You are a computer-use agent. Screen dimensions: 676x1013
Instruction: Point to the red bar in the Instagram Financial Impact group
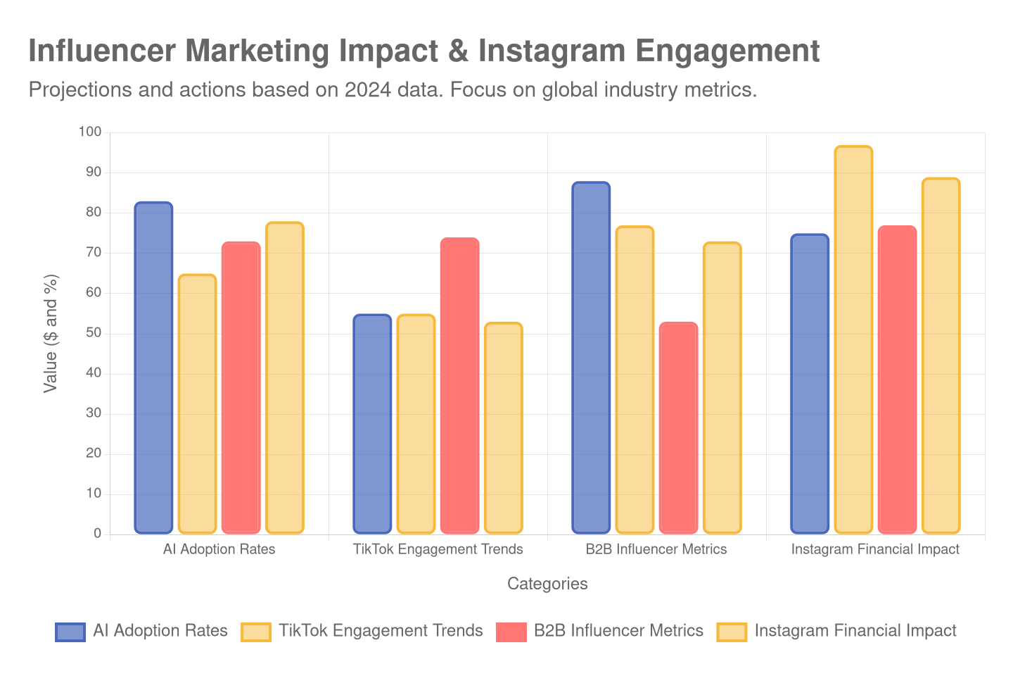[897, 380]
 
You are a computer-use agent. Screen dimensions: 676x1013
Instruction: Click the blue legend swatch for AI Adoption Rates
[70, 632]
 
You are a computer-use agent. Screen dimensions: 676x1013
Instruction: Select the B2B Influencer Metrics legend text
[618, 631]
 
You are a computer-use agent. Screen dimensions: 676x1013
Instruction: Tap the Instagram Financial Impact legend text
[855, 631]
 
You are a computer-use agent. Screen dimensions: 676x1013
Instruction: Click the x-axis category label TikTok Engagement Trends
[438, 549]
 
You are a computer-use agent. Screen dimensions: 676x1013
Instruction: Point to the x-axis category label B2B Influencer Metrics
[656, 549]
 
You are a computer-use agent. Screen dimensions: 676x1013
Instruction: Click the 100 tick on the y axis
[90, 132]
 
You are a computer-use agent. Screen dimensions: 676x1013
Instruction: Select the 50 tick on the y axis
[93, 332]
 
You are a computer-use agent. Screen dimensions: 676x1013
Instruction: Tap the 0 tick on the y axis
[97, 533]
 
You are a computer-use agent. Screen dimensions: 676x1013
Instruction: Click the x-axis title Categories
[547, 584]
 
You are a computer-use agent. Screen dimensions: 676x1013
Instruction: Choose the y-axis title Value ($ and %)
[51, 333]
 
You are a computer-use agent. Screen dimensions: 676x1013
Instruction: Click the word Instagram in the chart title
[551, 51]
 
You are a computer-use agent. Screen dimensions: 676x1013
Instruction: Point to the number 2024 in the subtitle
[367, 90]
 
